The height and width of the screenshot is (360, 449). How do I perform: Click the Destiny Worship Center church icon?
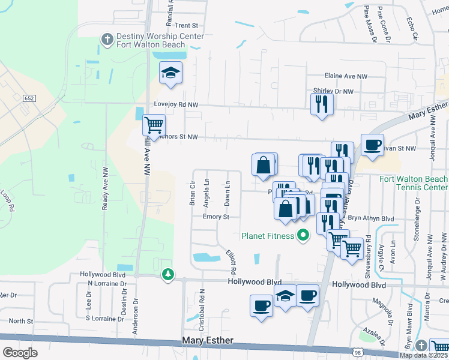[107, 39]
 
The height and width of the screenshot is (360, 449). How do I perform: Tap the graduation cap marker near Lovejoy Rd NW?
[171, 73]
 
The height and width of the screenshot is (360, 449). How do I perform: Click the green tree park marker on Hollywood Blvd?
[169, 275]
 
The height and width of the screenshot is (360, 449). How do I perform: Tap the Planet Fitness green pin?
[303, 235]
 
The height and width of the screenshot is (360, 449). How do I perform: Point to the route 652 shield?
[29, 98]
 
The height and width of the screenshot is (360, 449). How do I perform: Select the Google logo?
[20, 352]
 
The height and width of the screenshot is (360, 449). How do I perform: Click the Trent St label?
[186, 25]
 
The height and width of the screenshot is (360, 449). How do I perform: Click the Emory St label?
[216, 217]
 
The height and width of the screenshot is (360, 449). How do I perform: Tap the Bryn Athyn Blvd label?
[370, 219]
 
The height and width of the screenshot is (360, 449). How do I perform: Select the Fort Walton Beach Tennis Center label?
[413, 184]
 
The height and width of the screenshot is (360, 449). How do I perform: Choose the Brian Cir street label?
[193, 193]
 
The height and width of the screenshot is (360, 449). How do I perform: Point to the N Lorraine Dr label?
[107, 283]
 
